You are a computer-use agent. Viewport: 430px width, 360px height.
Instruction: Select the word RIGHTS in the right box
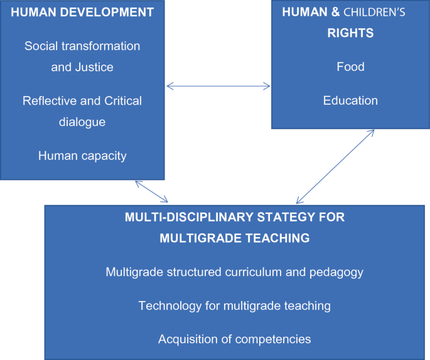coord(350,33)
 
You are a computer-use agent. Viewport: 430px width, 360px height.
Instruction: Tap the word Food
coord(350,67)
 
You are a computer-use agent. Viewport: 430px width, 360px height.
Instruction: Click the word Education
coord(350,100)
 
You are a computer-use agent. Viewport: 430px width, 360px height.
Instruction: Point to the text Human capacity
coord(82,156)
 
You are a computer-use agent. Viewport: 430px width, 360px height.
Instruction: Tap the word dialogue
coord(82,122)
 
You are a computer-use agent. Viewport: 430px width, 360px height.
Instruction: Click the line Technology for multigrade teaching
coord(234,306)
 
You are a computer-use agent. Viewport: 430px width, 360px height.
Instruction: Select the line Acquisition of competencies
coord(234,339)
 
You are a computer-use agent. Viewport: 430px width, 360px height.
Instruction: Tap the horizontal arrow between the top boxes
coord(218,87)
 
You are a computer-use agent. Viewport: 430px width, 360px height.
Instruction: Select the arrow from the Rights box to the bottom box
coord(335,166)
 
